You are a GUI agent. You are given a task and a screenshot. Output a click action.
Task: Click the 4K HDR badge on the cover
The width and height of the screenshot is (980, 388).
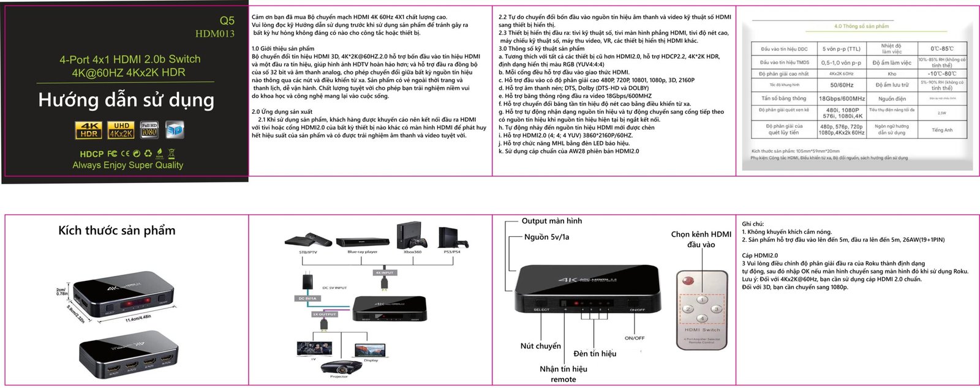point(88,130)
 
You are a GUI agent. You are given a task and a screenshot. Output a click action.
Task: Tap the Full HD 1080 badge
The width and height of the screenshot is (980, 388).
point(149,129)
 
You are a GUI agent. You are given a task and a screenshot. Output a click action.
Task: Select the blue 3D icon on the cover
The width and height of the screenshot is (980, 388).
point(175,129)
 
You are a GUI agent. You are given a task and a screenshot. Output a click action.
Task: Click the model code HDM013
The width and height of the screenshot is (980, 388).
point(214,34)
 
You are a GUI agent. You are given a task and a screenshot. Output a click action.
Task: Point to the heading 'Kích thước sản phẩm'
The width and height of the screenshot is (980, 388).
point(116,231)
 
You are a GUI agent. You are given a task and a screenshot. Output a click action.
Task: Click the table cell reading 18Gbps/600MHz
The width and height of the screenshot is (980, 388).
point(842,99)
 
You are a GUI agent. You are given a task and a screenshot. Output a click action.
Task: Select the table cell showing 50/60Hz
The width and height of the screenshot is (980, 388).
point(842,85)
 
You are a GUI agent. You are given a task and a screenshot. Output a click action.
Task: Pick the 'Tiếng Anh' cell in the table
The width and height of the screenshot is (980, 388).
point(941,130)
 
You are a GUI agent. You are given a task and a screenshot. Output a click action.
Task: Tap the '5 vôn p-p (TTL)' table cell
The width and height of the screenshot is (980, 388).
point(842,49)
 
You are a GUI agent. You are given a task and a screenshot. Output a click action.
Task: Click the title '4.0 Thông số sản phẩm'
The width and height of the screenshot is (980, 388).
point(861,26)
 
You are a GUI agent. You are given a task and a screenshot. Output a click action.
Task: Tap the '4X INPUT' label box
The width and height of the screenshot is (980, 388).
point(385,272)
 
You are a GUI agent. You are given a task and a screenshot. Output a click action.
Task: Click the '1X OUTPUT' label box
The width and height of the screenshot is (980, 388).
point(324,314)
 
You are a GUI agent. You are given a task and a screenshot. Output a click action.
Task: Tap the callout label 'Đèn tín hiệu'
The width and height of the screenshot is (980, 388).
point(595,354)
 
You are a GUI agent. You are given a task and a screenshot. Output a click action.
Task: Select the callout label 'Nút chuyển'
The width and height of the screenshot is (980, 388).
point(540,346)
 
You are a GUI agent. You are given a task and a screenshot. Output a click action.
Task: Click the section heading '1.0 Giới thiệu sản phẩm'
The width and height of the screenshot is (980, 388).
point(282,48)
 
